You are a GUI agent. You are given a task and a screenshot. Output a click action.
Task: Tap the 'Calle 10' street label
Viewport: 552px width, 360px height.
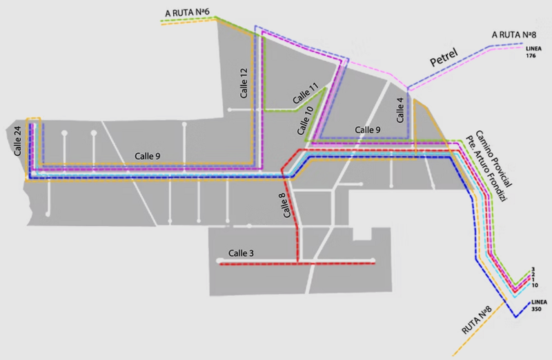(304, 119)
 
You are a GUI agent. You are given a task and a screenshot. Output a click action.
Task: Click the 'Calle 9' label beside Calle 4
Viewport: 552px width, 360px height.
(368, 130)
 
